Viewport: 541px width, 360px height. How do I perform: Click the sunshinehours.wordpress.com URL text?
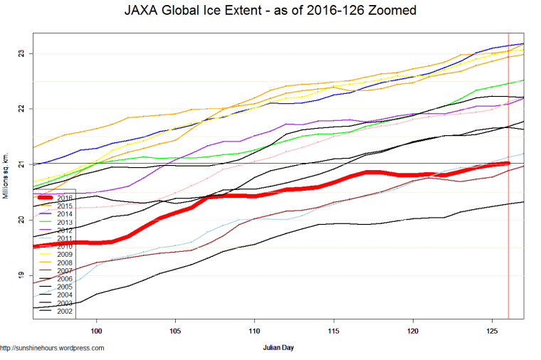[53, 348]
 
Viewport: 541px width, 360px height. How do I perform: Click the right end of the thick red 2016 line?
[508, 164]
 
